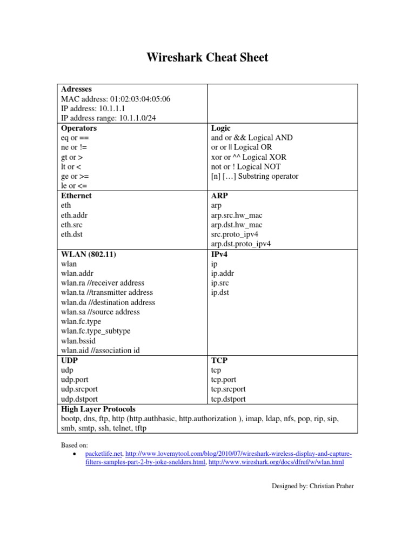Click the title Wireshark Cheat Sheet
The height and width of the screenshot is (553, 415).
click(x=207, y=57)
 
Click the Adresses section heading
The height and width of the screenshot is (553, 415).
click(x=76, y=89)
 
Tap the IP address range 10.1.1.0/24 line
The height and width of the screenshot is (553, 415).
click(x=110, y=118)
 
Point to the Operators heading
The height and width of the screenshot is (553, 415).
click(x=79, y=129)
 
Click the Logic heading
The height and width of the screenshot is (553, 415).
click(x=220, y=129)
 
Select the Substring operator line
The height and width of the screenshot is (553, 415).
click(x=255, y=177)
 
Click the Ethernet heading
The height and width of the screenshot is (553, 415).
click(x=76, y=196)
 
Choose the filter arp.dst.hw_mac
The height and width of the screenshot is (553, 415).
click(x=237, y=225)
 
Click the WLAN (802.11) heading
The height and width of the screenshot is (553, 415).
click(x=89, y=254)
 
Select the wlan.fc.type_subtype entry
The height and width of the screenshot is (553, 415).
click(x=96, y=331)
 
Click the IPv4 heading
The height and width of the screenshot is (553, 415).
click(x=219, y=254)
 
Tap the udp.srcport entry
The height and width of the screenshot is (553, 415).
click(x=79, y=389)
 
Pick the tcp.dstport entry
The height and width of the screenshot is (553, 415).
click(x=228, y=399)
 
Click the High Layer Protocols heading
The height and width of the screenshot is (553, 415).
click(x=98, y=409)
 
